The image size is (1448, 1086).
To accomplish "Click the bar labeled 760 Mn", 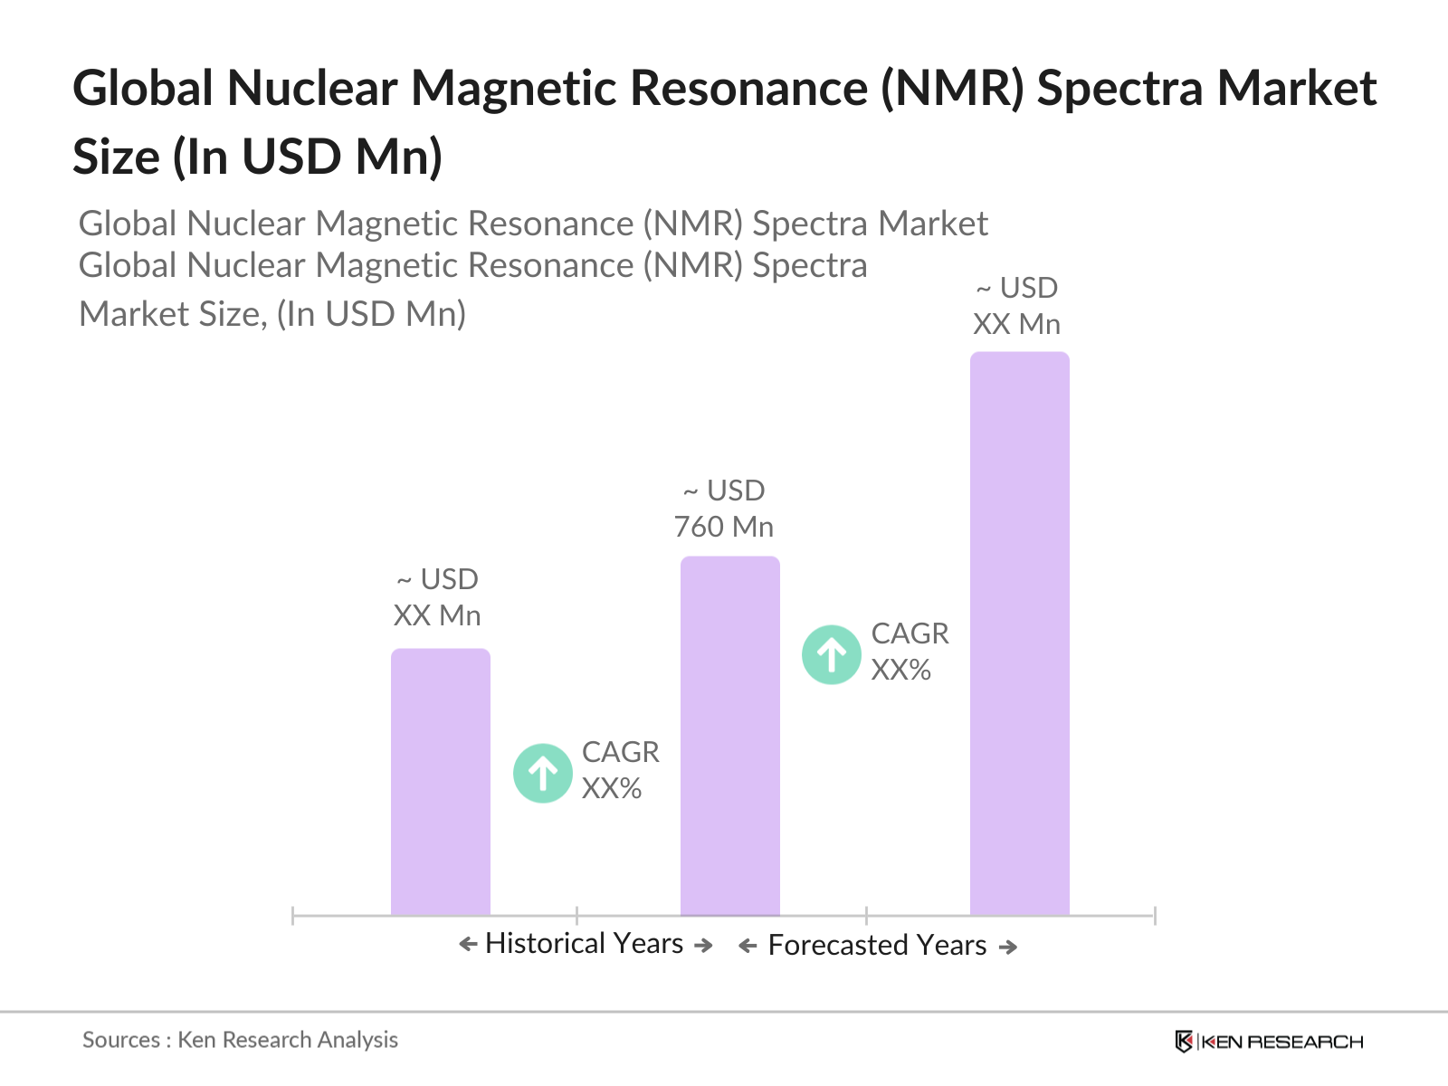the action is tap(729, 735).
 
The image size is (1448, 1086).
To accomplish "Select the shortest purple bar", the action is tap(440, 781).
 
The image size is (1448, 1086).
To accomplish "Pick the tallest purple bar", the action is tap(1019, 633).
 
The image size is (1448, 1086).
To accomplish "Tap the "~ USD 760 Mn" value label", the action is tap(724, 509).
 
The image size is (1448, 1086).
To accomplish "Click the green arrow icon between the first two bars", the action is tap(542, 773).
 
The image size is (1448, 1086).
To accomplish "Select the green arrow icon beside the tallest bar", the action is tap(831, 654).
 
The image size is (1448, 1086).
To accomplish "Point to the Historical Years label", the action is tap(584, 944).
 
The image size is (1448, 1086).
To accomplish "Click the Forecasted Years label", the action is tap(877, 945).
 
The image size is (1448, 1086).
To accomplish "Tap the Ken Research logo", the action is tap(1269, 1041).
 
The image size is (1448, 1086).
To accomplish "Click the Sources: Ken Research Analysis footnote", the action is tap(240, 1040).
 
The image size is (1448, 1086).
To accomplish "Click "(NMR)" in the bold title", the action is tap(952, 89).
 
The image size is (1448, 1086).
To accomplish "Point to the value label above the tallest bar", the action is tap(1016, 306).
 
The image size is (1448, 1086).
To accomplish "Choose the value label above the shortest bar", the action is tap(437, 597).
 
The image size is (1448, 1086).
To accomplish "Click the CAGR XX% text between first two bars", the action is tap(620, 770).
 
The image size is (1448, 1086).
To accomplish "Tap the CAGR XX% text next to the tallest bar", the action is tap(910, 652).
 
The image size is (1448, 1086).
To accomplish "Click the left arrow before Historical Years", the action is tap(468, 944).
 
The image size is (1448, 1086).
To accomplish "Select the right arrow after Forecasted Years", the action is tap(1008, 948).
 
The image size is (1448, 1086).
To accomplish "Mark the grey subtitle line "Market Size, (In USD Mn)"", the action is tap(271, 314).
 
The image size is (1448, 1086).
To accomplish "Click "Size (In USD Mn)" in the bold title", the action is tap(257, 157).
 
